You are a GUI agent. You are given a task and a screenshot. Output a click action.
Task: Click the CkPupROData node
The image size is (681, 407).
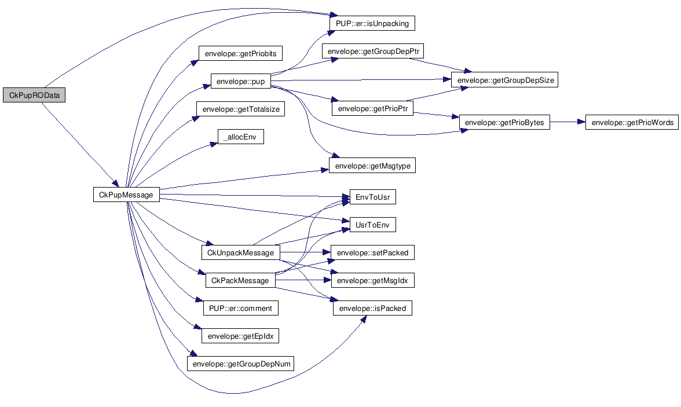click(34, 96)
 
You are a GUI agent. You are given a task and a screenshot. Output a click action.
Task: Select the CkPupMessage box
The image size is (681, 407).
click(126, 195)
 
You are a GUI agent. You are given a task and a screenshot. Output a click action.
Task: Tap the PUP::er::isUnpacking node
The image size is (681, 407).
click(372, 24)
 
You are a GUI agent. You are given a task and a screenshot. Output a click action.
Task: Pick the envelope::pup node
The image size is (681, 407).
click(240, 82)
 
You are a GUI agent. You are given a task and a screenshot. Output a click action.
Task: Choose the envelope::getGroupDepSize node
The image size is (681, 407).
click(505, 80)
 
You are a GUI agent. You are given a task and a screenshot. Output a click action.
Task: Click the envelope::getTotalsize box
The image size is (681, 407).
click(240, 109)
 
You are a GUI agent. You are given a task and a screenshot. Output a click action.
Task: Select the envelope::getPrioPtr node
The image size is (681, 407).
click(372, 108)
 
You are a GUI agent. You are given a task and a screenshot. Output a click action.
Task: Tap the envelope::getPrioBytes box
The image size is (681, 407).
click(504, 122)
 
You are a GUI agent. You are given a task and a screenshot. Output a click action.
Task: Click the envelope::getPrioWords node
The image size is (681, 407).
click(632, 122)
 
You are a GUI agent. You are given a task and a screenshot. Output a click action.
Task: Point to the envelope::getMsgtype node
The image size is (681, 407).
click(372, 166)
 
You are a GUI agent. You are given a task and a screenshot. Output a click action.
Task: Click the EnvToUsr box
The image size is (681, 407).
click(372, 197)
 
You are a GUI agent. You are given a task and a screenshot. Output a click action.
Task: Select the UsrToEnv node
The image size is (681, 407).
click(372, 225)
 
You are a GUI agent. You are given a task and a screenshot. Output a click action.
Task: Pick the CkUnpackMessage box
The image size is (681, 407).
click(240, 252)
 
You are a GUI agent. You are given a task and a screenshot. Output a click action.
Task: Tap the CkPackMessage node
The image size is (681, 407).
click(240, 280)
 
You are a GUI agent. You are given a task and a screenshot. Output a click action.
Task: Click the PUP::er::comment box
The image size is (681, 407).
click(240, 308)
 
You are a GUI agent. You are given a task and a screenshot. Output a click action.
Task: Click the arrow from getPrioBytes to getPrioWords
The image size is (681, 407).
click(567, 122)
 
